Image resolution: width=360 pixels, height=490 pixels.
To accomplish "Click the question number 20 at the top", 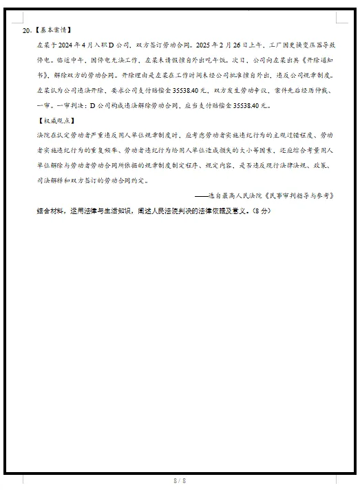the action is [26, 31].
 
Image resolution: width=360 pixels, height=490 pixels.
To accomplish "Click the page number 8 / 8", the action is [180, 480].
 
